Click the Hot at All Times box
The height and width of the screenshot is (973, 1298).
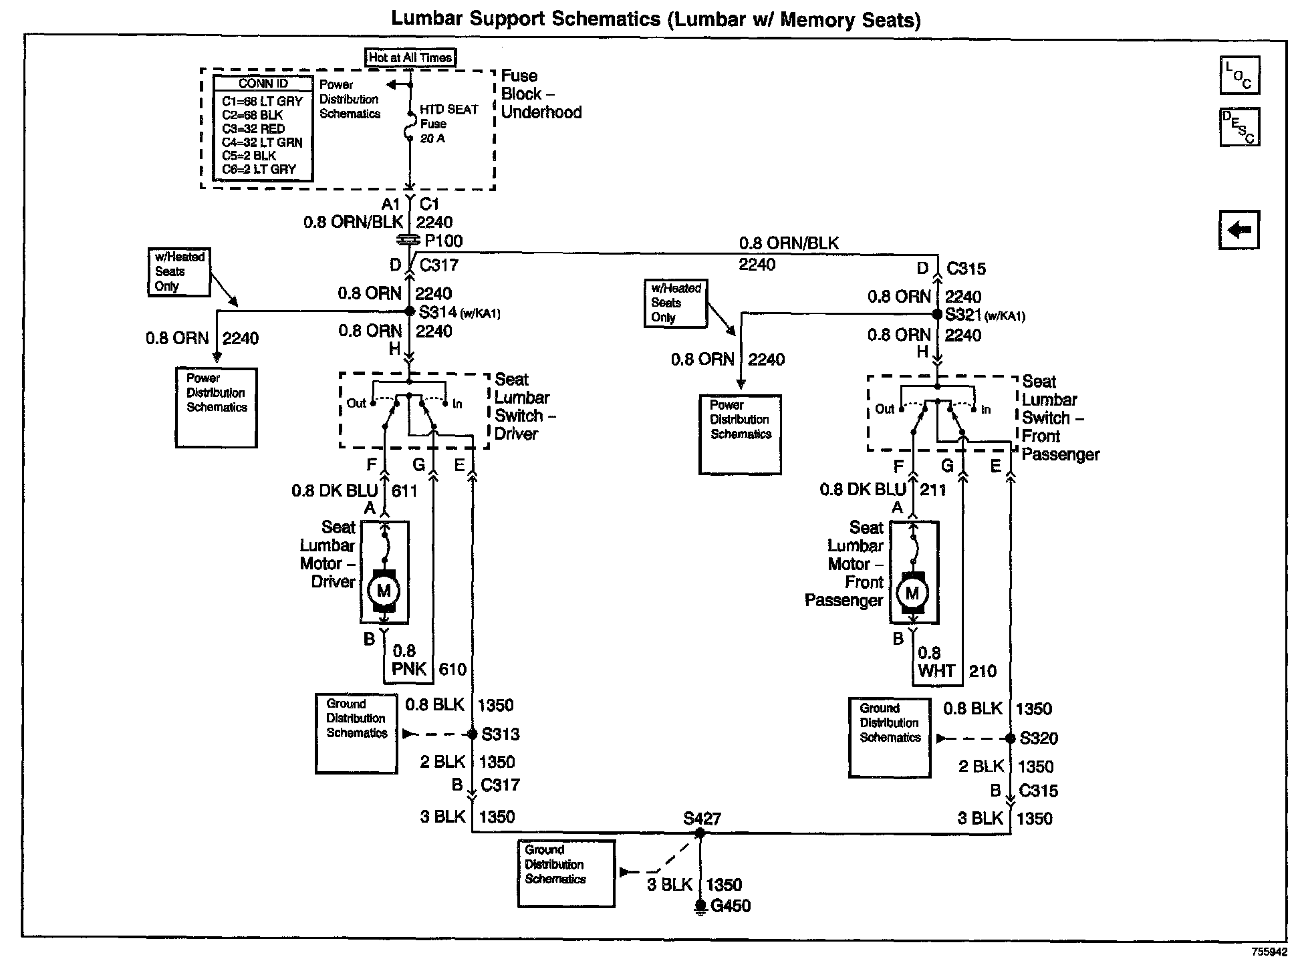pyautogui.click(x=410, y=57)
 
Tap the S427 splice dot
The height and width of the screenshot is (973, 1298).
pyautogui.click(x=700, y=833)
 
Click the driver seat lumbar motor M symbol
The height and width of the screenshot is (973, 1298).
pyautogui.click(x=384, y=591)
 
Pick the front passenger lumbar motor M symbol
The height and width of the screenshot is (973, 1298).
pyautogui.click(x=912, y=593)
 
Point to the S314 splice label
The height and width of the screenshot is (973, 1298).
pyautogui.click(x=438, y=312)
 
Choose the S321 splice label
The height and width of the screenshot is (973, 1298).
pyautogui.click(x=963, y=315)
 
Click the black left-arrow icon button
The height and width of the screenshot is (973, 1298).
pyautogui.click(x=1239, y=230)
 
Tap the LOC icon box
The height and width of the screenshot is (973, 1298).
pyautogui.click(x=1239, y=75)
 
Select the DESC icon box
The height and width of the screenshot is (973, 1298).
pyautogui.click(x=1239, y=127)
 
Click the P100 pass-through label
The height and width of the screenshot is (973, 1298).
pyautogui.click(x=443, y=241)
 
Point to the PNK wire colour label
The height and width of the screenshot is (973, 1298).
pyautogui.click(x=409, y=669)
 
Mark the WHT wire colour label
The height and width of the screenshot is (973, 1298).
pyautogui.click(x=936, y=671)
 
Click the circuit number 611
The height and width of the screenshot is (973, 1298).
pyautogui.click(x=404, y=491)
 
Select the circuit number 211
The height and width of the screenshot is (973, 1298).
pyautogui.click(x=933, y=490)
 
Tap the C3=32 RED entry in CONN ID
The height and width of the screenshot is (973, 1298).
pyautogui.click(x=253, y=128)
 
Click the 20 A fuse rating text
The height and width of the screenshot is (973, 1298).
pyautogui.click(x=432, y=138)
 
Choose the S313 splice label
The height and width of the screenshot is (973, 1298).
pyautogui.click(x=501, y=734)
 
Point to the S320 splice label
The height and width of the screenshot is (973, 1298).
pyautogui.click(x=1039, y=738)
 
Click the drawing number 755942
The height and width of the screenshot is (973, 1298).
pyautogui.click(x=1269, y=951)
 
